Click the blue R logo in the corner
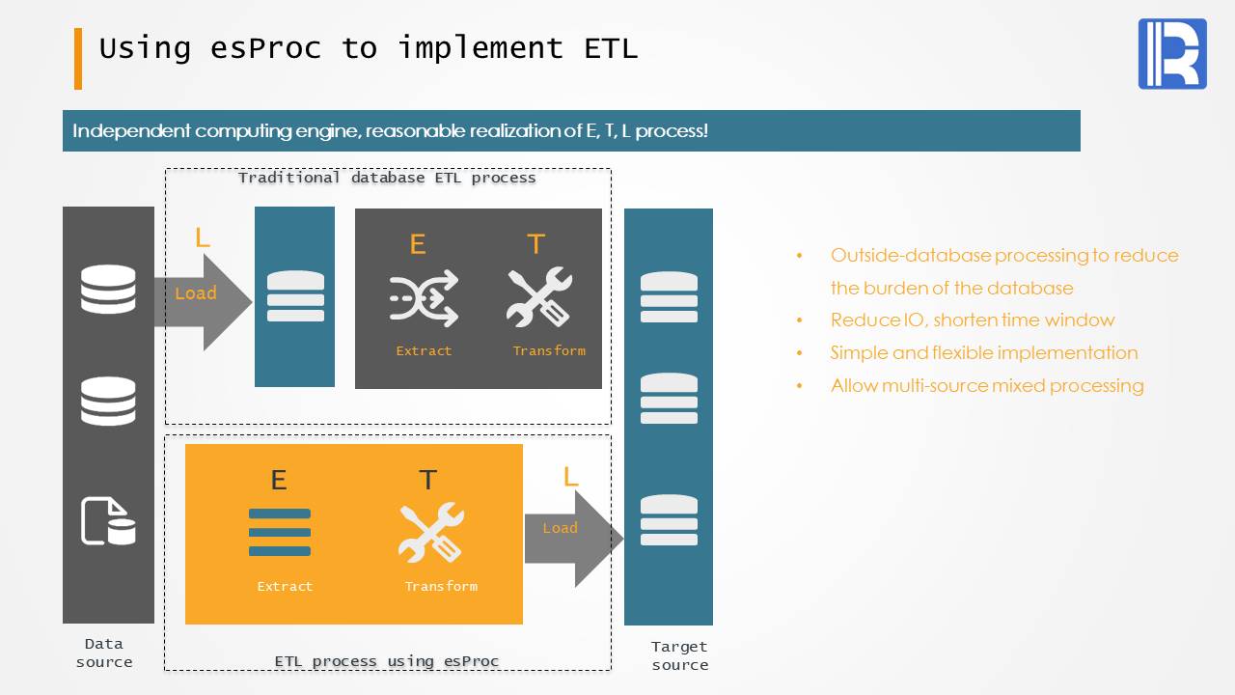[1172, 53]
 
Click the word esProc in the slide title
[265, 48]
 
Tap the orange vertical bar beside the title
[78, 59]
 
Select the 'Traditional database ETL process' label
[387, 178]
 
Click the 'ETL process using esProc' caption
[387, 661]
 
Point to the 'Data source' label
[104, 653]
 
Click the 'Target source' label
[679, 655]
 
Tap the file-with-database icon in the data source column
[108, 521]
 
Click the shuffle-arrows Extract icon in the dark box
[424, 298]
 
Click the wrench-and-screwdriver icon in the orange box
[431, 532]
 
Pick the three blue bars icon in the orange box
[280, 532]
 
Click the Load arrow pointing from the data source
[203, 302]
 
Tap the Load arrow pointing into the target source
[574, 539]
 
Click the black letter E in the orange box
[279, 480]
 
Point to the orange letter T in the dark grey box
[535, 244]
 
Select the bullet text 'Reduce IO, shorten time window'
[973, 320]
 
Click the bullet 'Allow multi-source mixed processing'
[987, 385]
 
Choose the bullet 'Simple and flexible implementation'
[984, 353]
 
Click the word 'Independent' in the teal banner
[131, 130]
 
